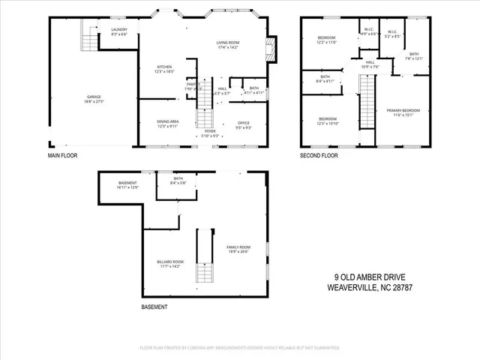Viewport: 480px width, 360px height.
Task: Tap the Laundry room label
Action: click(119, 32)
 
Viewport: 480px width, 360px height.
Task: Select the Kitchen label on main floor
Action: click(164, 68)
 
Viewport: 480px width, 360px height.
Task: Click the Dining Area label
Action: click(166, 124)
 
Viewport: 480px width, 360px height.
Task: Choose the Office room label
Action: click(243, 124)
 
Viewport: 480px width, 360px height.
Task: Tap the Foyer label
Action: click(211, 133)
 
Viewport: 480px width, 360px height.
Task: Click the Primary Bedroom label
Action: click(403, 112)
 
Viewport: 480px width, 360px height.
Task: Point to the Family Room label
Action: click(238, 249)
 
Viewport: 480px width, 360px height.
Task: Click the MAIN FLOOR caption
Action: click(62, 156)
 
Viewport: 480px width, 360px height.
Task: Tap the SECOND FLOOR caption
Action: click(319, 156)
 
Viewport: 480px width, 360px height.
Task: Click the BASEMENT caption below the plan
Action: click(154, 307)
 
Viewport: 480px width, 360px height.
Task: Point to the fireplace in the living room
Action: click(271, 51)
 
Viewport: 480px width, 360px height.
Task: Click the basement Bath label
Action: click(178, 180)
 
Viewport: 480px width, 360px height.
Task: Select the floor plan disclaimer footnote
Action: click(239, 348)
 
